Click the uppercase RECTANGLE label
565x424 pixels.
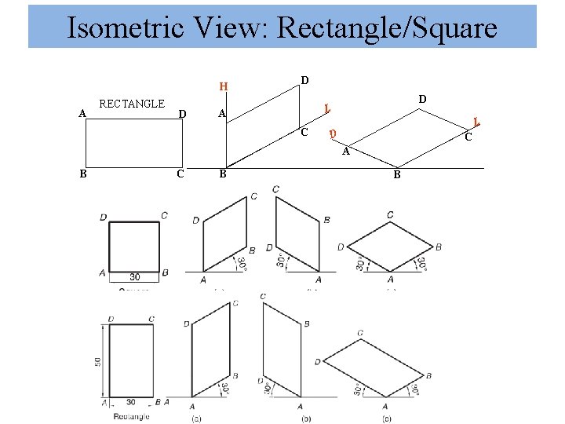pyautogui.click(x=132, y=104)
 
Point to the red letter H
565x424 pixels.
pyautogui.click(x=224, y=87)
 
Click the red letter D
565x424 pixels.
pyautogui.click(x=333, y=134)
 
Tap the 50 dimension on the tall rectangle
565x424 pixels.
pyautogui.click(x=98, y=361)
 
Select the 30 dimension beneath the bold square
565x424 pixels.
pyautogui.click(x=134, y=276)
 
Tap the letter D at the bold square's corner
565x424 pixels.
pyautogui.click(x=104, y=217)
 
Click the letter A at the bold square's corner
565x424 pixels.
pyautogui.click(x=103, y=272)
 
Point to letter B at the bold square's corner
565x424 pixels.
pyautogui.click(x=164, y=272)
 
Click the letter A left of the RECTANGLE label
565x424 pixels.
pyautogui.click(x=82, y=113)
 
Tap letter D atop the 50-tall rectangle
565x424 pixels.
pyautogui.click(x=109, y=319)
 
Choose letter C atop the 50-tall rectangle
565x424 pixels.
pyautogui.click(x=152, y=319)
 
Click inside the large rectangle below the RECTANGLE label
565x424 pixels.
pyautogui.click(x=133, y=144)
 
